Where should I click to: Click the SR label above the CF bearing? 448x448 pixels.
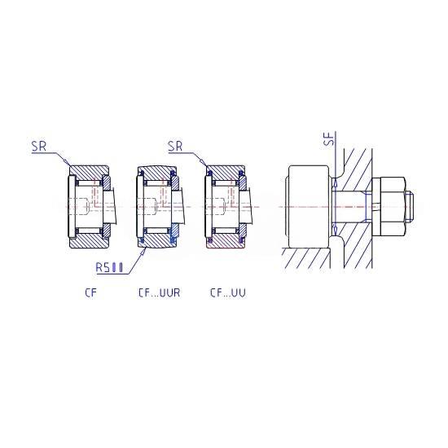tap(39, 147)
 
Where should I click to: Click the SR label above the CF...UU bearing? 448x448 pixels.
tap(175, 147)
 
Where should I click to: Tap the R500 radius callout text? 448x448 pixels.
tap(109, 268)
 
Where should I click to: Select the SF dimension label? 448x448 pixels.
tap(329, 138)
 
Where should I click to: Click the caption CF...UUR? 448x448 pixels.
tap(159, 293)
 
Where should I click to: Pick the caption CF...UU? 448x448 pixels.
tap(228, 293)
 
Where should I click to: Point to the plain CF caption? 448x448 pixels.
tap(91, 293)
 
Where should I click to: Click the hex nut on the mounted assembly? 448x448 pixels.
tap(393, 206)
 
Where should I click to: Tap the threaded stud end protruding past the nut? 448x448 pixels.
tap(410, 206)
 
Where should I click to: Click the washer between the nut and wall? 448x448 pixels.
tap(376, 206)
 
